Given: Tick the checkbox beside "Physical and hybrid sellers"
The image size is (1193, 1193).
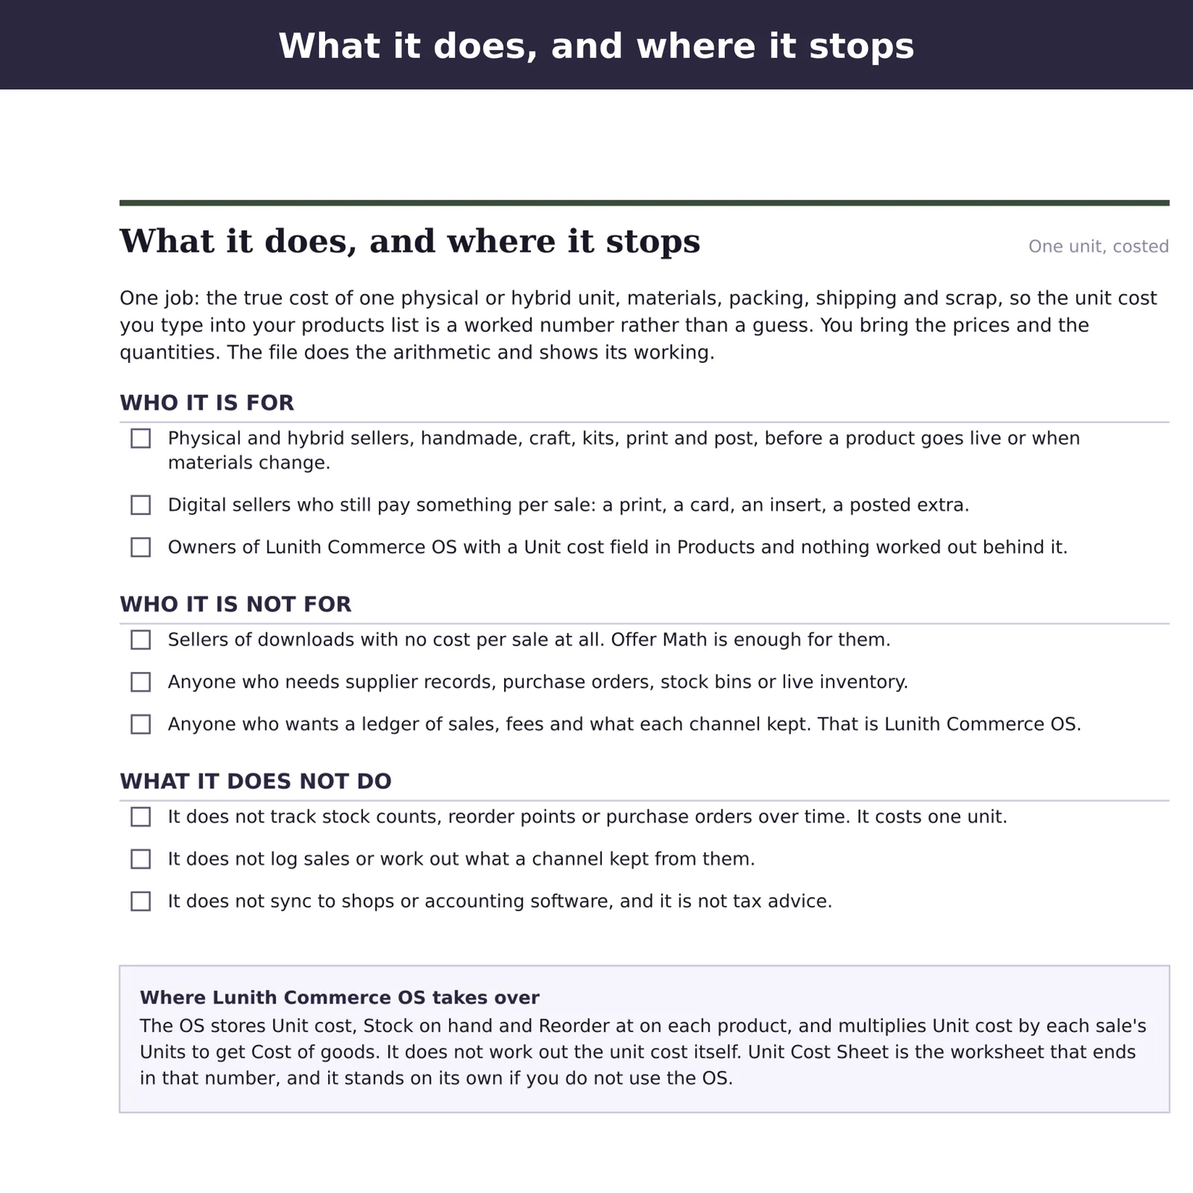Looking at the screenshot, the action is pyautogui.click(x=140, y=438).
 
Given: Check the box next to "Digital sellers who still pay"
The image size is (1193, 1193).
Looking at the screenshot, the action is pyautogui.click(x=140, y=505).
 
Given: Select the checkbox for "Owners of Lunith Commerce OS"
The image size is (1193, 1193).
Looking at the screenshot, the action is pyautogui.click(x=140, y=547).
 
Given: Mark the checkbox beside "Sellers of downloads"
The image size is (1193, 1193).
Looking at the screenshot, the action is pyautogui.click(x=140, y=640).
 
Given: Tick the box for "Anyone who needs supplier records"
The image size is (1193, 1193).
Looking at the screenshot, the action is pyautogui.click(x=140, y=682).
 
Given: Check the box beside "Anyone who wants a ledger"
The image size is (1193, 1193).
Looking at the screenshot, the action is pyautogui.click(x=140, y=724).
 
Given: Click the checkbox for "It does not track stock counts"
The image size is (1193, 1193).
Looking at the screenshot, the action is pyautogui.click(x=140, y=816).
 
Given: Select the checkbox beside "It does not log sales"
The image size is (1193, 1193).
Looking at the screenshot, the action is pyautogui.click(x=140, y=859).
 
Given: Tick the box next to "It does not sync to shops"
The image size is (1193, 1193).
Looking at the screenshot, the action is pyautogui.click(x=140, y=901).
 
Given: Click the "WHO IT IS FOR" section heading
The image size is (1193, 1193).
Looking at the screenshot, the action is pyautogui.click(x=207, y=403).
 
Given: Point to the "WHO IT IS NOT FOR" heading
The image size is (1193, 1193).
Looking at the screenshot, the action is pyautogui.click(x=236, y=604).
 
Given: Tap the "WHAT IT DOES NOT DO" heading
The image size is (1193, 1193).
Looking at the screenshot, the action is pyautogui.click(x=256, y=781).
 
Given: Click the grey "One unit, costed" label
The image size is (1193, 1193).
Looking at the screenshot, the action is pyautogui.click(x=1098, y=247).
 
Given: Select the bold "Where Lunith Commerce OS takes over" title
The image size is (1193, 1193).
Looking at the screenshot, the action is pyautogui.click(x=339, y=998).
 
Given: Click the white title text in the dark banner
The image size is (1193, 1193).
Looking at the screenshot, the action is pyautogui.click(x=596, y=45).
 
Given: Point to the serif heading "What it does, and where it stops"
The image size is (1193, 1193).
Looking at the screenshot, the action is pyautogui.click(x=410, y=242).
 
